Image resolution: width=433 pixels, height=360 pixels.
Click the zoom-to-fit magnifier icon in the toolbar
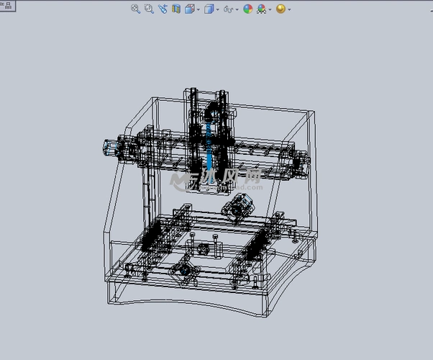[135, 9]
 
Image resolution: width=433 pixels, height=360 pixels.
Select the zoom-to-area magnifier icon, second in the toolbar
[149, 9]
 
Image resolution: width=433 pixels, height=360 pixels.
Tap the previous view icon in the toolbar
[163, 9]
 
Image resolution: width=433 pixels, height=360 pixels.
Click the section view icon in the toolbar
[176, 9]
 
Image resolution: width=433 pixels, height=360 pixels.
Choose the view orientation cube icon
[190, 9]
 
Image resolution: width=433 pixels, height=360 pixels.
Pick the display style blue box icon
[209, 9]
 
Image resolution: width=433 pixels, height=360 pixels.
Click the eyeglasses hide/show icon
[229, 9]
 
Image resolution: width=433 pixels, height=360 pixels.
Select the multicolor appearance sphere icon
[248, 9]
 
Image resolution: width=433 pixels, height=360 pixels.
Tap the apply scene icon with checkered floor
[262, 9]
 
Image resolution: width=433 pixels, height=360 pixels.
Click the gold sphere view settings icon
[281, 9]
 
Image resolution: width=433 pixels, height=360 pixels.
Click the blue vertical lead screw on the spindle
[209, 151]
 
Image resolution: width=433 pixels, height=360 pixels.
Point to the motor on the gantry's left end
[111, 147]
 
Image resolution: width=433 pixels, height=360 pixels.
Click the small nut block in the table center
[203, 248]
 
